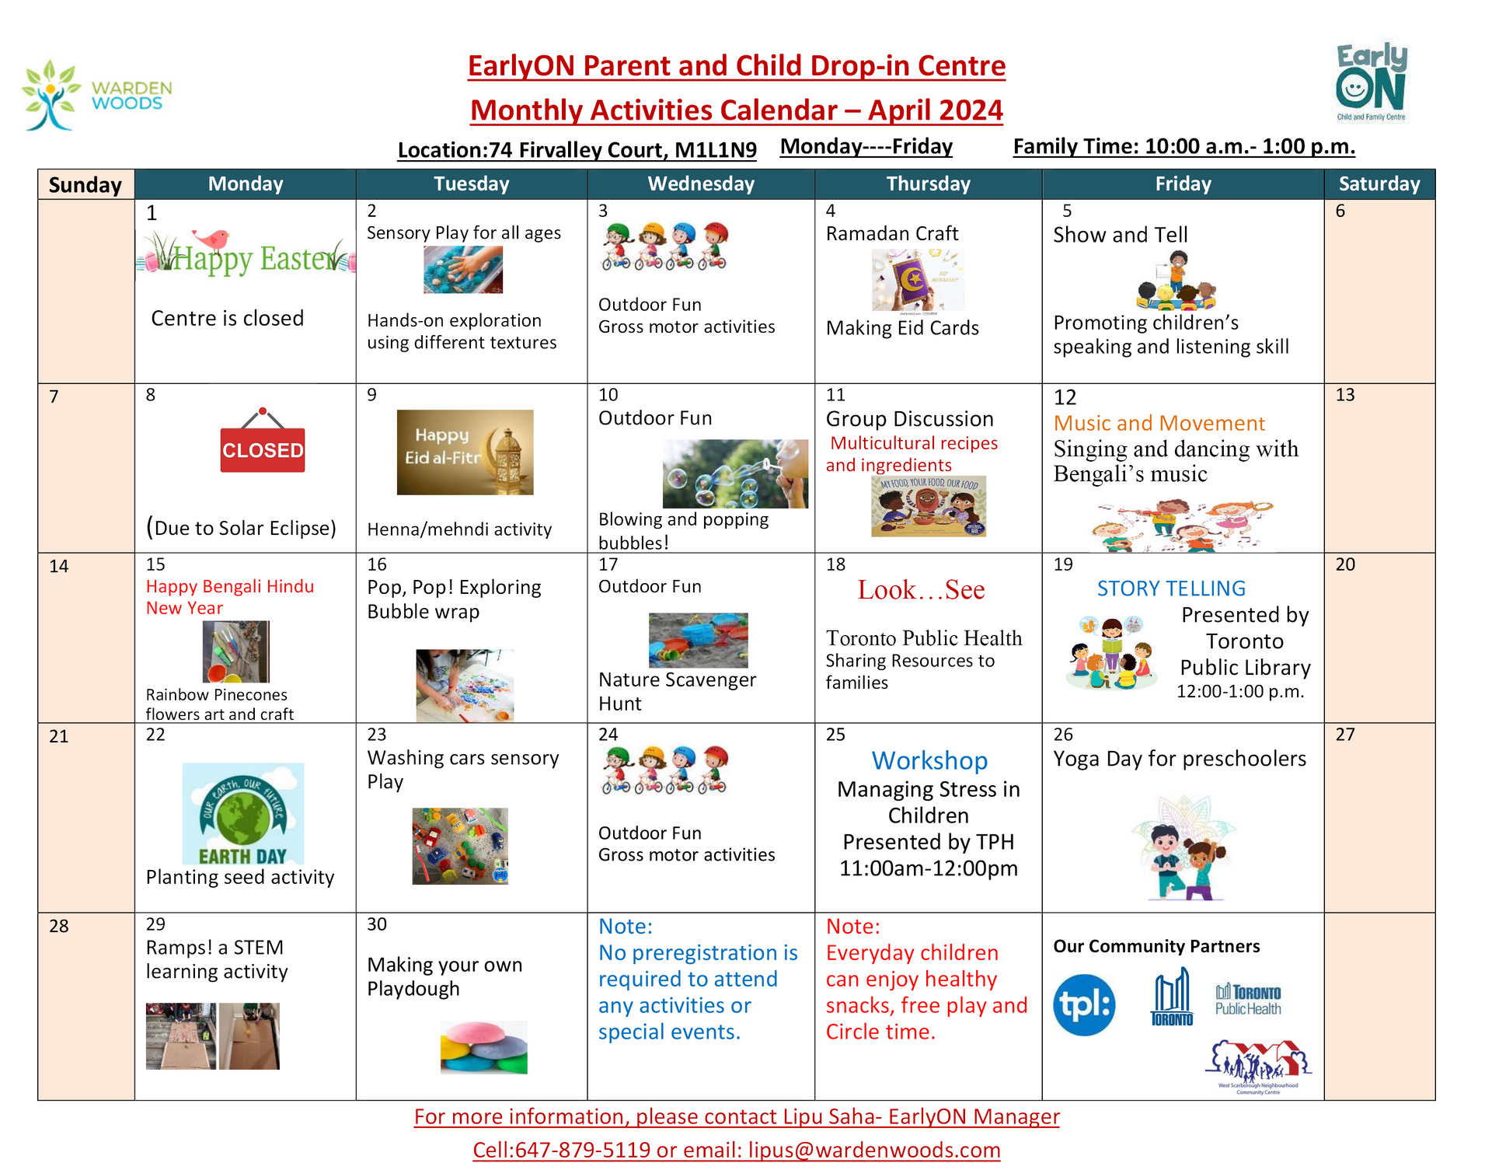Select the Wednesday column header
pos(701,184)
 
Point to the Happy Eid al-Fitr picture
pos(465,452)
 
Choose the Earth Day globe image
pos(243,813)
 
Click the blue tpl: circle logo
pos(1084,1005)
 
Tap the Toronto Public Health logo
pos(1248,1000)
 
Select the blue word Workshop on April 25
pos(929,760)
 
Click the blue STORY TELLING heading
pos(1171,588)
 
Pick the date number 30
pos(377,924)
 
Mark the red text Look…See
pos(921,590)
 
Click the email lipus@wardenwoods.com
pos(873,1150)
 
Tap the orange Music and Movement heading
pos(1159,424)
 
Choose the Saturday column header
pos(1379,184)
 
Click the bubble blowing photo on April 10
pos(735,473)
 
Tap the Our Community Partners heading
pos(1156,946)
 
